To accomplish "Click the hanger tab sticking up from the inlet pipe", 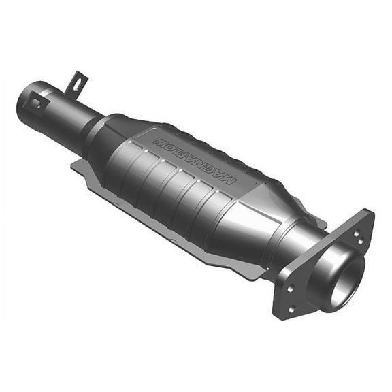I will [76, 84].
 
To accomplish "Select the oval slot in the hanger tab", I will [76, 84].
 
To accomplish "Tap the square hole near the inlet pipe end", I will [35, 103].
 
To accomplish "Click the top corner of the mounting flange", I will [371, 212].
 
